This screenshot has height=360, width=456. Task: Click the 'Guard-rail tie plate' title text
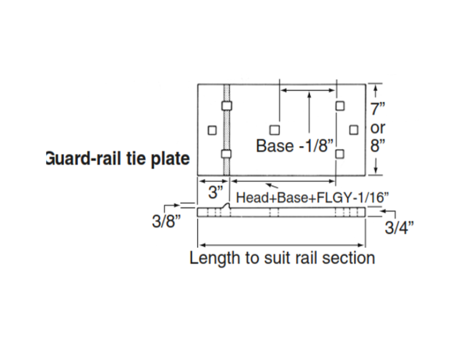pos(118,158)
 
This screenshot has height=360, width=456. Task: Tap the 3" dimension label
pos(216,192)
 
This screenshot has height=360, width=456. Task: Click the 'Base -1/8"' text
pos(295,145)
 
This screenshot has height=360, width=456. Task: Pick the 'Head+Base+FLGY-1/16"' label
pos(312,198)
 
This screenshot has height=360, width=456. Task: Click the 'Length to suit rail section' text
pos(282,258)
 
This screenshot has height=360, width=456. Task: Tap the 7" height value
pos(377,109)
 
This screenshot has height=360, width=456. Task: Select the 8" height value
pos(377,145)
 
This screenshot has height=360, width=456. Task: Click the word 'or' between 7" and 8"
pos(377,128)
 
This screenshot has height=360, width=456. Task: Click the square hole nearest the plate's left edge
pos(212,130)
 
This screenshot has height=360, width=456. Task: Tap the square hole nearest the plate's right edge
pos(354,130)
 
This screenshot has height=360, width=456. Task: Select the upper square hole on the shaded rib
pos(227,106)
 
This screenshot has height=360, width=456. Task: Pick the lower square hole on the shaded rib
pos(226,153)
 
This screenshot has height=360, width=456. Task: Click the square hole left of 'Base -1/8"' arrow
pos(274,130)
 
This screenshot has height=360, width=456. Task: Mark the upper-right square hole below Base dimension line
pos(340,106)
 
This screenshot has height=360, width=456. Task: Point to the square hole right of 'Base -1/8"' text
pos(339,153)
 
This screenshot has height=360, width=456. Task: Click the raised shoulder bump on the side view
pos(227,205)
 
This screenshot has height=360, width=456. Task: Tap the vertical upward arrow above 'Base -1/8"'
pos(309,112)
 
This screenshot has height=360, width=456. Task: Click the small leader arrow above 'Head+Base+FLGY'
pos(272,186)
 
